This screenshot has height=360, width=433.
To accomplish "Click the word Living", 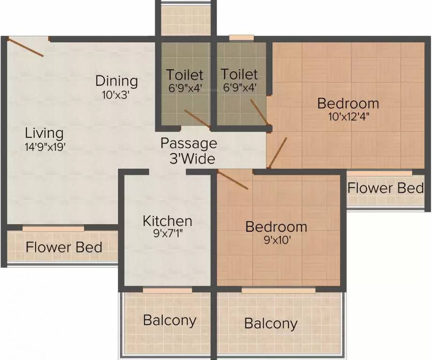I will [45, 133].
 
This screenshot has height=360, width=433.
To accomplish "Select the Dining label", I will [116, 81].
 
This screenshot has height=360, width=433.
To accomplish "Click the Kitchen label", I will [167, 221].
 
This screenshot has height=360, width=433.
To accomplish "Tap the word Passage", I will [189, 143].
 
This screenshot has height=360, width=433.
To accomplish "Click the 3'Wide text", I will [192, 158].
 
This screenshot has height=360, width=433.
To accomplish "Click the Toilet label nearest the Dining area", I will [185, 75].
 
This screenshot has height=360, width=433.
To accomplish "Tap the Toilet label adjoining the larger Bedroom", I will [239, 75].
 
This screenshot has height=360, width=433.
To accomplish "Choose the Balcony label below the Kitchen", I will [169, 321].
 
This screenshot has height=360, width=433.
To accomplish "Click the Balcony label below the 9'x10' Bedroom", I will [271, 323].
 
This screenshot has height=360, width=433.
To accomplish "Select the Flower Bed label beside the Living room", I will [64, 247].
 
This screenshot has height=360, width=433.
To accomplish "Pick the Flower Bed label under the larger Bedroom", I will [386, 188].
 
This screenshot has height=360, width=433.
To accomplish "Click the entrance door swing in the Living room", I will [26, 47].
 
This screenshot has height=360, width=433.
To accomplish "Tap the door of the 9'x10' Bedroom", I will [233, 180].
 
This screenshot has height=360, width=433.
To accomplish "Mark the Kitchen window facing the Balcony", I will [167, 291].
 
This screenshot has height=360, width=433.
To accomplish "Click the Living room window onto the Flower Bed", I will [53, 228].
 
